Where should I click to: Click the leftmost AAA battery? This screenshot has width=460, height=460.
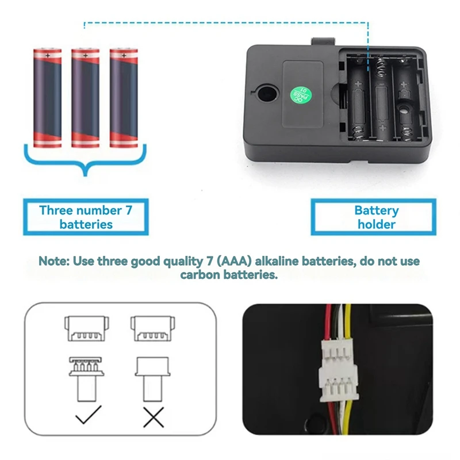[x=47, y=98]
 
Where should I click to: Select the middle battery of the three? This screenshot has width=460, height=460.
[x=86, y=98]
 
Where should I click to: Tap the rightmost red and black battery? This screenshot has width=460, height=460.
[x=124, y=98]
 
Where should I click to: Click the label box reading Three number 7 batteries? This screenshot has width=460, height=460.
[x=86, y=217]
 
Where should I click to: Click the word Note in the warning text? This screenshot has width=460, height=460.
[x=54, y=261]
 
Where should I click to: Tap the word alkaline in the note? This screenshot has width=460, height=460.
[x=276, y=261]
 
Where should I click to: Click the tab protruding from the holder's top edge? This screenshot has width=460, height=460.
[x=323, y=42]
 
